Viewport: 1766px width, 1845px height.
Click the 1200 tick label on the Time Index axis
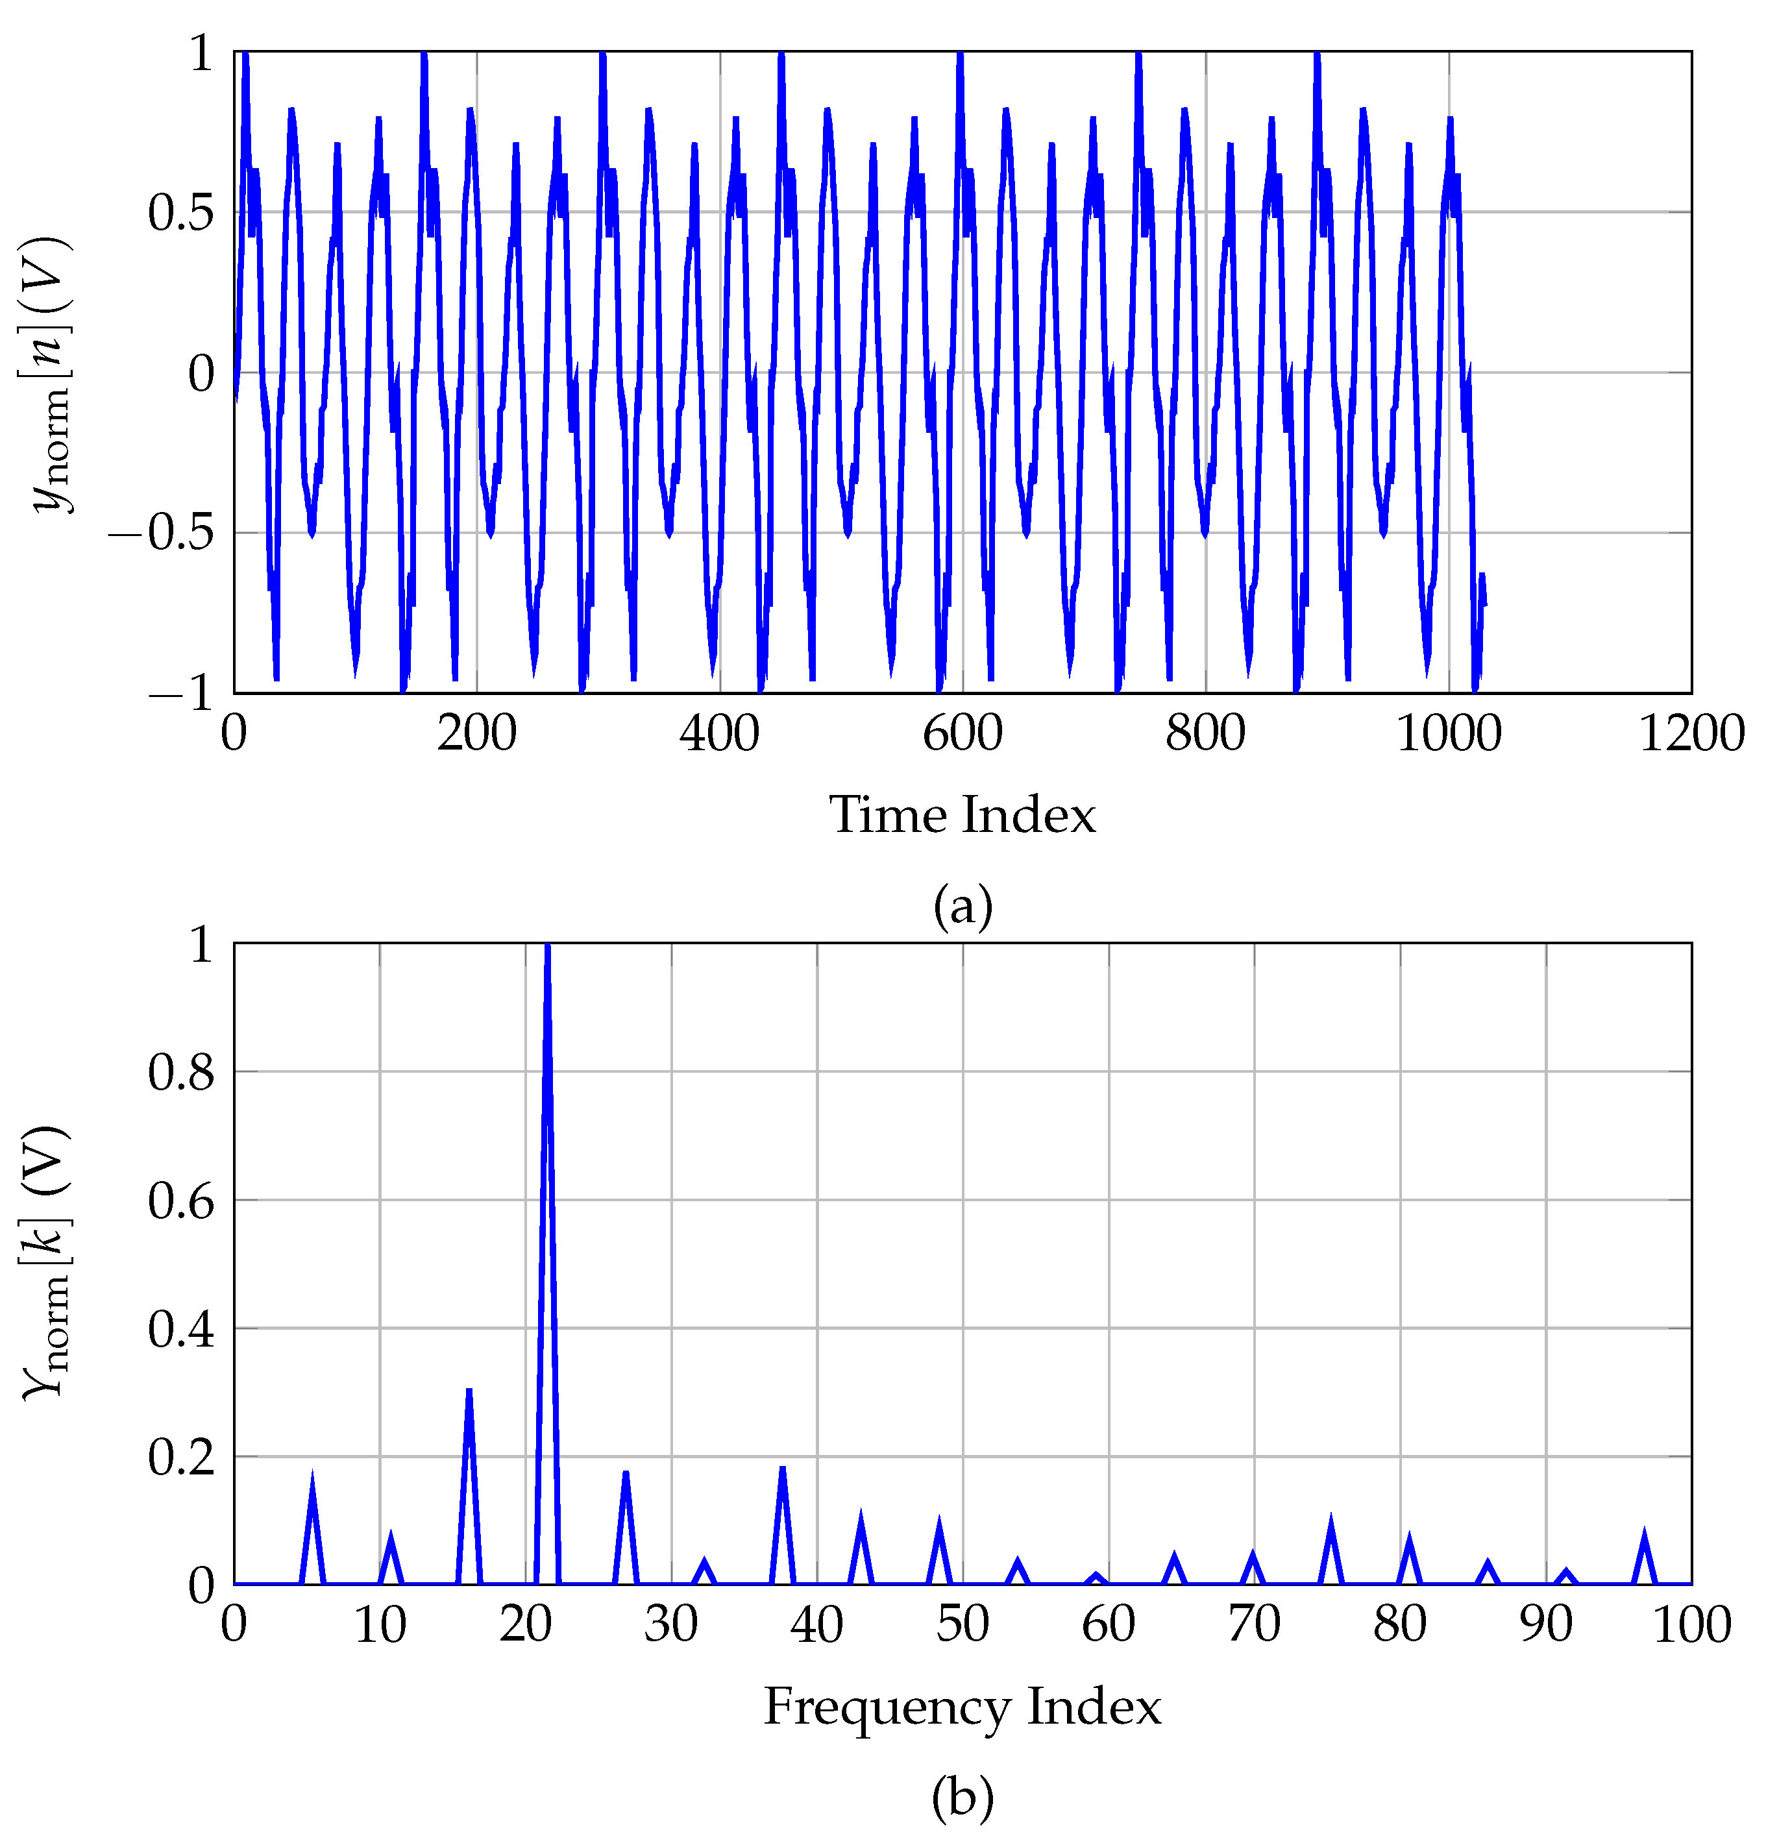point(1691,733)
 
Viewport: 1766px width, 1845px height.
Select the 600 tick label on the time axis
point(962,733)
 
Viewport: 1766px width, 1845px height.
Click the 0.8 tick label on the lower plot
point(182,1072)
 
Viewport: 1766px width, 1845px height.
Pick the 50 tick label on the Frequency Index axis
point(962,1625)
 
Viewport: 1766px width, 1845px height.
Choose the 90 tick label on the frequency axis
point(1546,1625)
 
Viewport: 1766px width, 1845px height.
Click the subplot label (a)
point(962,905)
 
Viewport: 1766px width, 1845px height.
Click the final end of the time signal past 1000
point(1484,602)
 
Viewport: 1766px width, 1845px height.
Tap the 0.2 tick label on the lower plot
point(182,1457)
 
